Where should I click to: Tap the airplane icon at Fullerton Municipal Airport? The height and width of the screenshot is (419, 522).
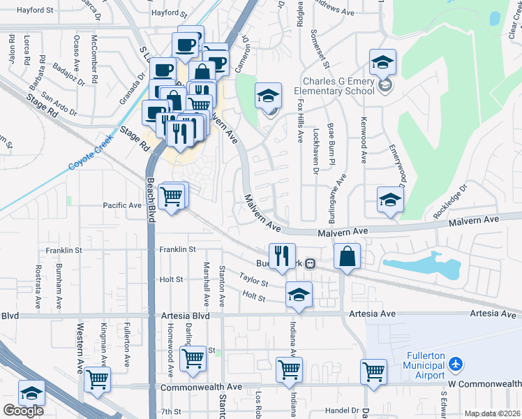(456, 365)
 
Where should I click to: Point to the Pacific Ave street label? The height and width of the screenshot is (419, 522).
(122, 205)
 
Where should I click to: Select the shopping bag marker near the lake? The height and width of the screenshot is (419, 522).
(348, 256)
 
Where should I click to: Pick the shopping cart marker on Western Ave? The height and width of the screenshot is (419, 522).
(97, 379)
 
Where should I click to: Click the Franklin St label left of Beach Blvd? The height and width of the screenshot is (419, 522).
(64, 249)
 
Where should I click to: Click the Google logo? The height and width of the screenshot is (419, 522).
(23, 411)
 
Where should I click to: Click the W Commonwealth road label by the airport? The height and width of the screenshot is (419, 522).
(484, 384)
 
